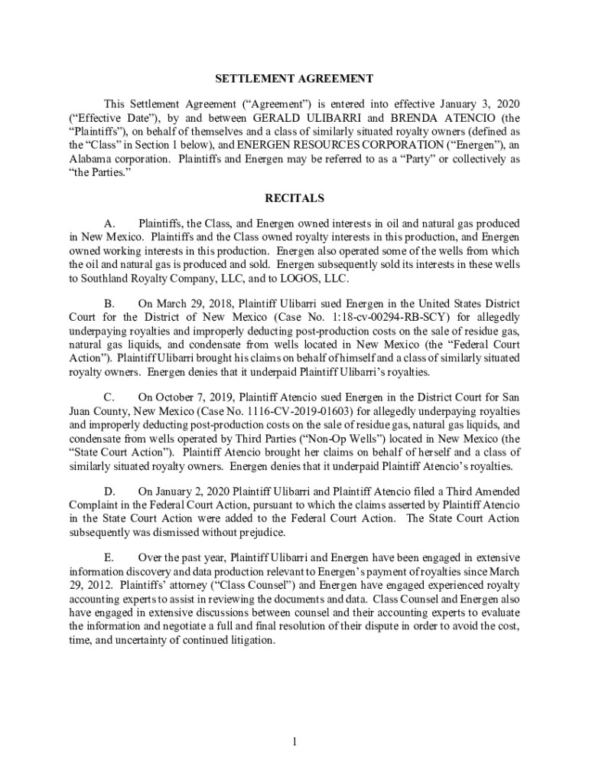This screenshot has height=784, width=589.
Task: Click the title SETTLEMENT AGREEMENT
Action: (x=294, y=78)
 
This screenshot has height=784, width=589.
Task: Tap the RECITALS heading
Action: (x=294, y=198)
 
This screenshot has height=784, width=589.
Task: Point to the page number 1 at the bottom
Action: (x=294, y=742)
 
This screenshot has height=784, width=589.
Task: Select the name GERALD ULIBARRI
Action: (x=295, y=119)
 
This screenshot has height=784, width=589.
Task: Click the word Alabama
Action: (x=91, y=159)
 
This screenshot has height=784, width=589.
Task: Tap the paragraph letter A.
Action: (x=109, y=224)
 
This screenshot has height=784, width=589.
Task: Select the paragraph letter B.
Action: (x=109, y=303)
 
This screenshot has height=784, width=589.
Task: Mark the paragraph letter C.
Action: (x=109, y=397)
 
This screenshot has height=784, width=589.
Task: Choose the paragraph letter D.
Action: (x=109, y=491)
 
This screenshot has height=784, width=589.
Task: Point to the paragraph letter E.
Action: (x=109, y=557)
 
